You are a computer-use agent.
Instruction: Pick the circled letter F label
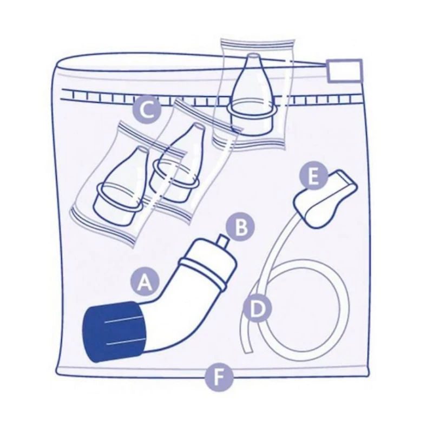(x=218, y=376)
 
